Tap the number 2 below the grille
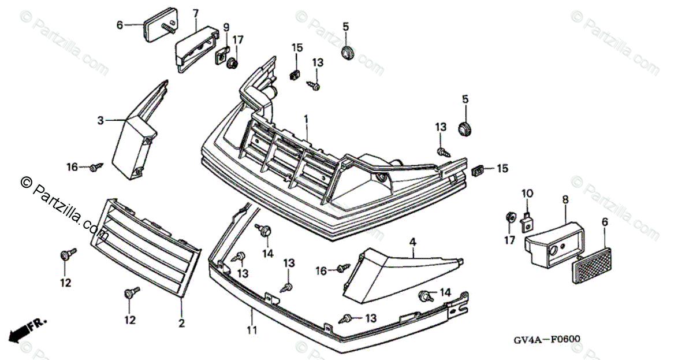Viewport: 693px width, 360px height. point(182,324)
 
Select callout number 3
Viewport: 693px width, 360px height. point(100,121)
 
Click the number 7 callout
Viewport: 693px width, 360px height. point(196,13)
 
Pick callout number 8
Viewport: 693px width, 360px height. point(565,200)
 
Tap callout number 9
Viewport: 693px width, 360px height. point(226,27)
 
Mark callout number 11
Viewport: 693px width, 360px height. point(251,331)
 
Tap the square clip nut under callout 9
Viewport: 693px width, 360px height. point(222,56)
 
